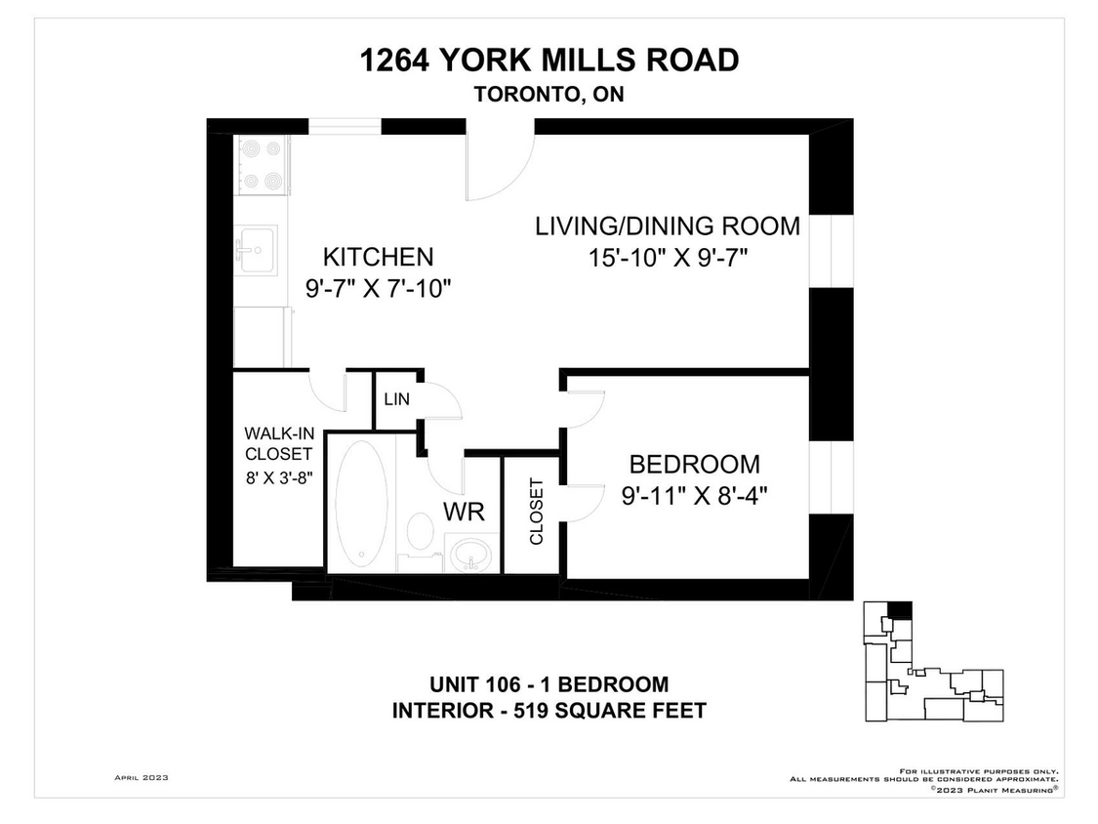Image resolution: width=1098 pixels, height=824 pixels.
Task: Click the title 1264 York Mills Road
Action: click(549, 61)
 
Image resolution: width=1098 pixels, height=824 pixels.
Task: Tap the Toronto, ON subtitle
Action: click(549, 95)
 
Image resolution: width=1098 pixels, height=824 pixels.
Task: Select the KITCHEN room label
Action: click(378, 257)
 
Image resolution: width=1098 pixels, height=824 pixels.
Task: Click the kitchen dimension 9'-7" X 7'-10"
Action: click(378, 289)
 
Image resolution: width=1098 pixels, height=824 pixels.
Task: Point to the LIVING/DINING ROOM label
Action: click(667, 226)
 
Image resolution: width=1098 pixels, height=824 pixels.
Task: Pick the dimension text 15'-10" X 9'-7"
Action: click(667, 257)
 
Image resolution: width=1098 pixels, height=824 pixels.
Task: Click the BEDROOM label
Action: click(694, 464)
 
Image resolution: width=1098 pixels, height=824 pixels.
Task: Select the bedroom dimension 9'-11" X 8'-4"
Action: click(694, 495)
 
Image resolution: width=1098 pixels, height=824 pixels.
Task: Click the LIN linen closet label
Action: click(396, 399)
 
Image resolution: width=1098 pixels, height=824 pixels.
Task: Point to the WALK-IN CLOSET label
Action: click(278, 443)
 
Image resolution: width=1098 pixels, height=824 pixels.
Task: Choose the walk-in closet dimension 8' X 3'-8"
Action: click(278, 479)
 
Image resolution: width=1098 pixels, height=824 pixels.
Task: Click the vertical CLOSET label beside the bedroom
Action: click(536, 512)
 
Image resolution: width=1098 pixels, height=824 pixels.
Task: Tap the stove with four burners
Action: click(261, 165)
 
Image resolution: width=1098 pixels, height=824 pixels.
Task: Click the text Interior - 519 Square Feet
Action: click(549, 711)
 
